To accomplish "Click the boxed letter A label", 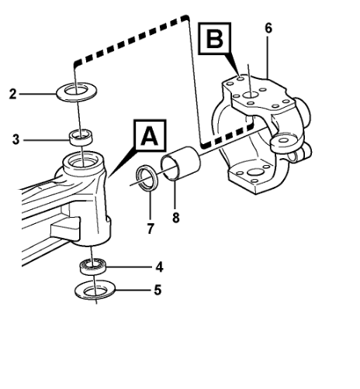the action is [x=150, y=136].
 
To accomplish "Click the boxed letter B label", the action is [x=214, y=39].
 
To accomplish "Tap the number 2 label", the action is [x=12, y=94].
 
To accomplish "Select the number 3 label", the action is [x=16, y=139].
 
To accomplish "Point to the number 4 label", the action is [x=159, y=267].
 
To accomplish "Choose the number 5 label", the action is [x=157, y=290].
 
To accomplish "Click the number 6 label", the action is [x=268, y=28].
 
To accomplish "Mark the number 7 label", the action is [x=151, y=229].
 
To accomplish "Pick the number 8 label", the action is [x=175, y=218].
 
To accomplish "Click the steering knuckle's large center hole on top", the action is [x=251, y=95].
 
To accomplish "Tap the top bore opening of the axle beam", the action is [x=81, y=162].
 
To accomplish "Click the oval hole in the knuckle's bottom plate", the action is [x=255, y=172].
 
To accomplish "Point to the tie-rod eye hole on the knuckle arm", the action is [x=284, y=140].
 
